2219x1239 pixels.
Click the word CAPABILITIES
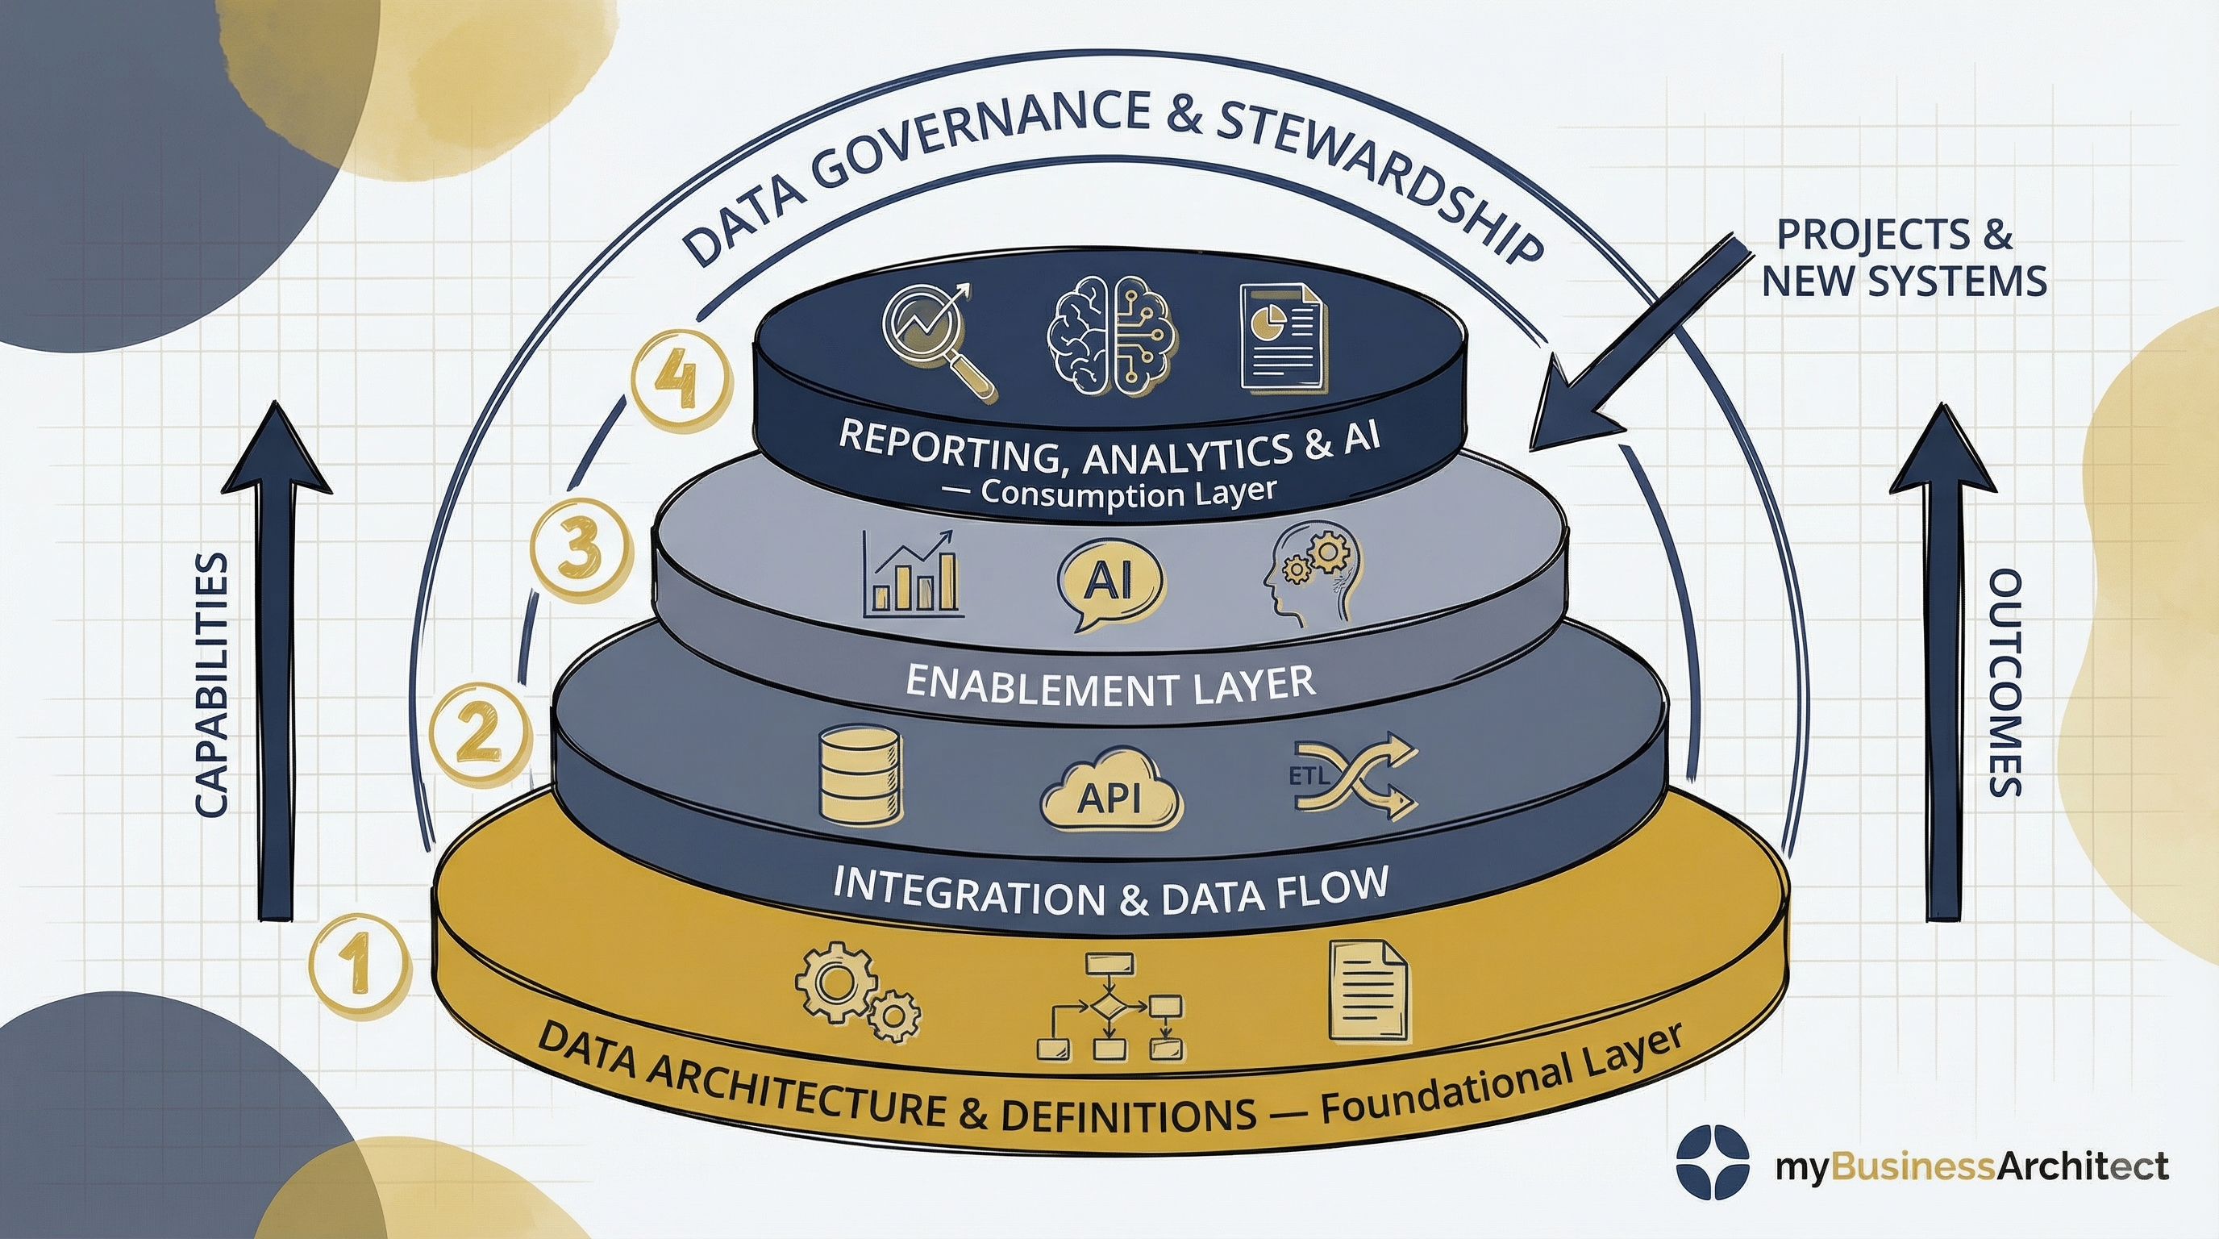coord(211,685)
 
